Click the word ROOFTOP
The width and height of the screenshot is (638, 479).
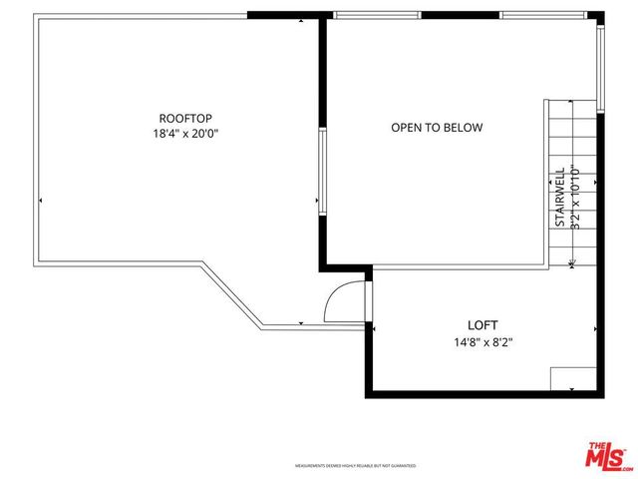[x=186, y=117]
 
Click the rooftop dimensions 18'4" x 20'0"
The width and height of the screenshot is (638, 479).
[x=186, y=133]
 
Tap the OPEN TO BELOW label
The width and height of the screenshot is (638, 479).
[x=437, y=128]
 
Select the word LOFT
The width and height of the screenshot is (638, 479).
[x=483, y=325]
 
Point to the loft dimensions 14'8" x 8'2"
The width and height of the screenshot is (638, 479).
[x=483, y=341]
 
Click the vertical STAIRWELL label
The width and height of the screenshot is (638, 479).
[x=560, y=197]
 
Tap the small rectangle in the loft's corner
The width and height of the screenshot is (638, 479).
[x=572, y=378]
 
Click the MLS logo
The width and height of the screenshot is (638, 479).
[x=607, y=456]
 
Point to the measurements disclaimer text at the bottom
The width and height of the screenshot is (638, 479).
[x=355, y=466]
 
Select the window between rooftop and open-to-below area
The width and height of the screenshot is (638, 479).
[x=323, y=170]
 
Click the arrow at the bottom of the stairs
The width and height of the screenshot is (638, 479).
[x=571, y=263]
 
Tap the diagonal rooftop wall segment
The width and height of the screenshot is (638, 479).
[x=231, y=295]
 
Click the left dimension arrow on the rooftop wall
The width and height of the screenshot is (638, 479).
[x=40, y=201]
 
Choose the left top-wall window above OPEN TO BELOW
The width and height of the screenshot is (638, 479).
[x=378, y=15]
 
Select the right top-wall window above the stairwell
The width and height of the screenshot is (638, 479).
[x=541, y=15]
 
